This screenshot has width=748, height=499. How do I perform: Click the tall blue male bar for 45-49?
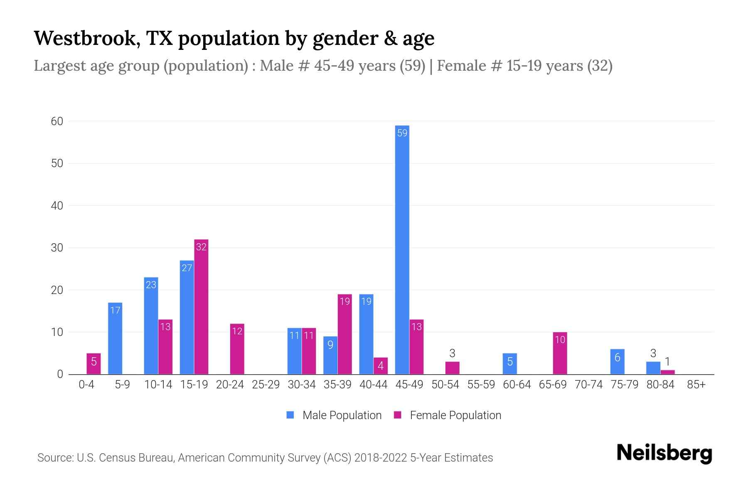coord(402,249)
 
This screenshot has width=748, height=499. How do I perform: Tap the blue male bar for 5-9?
coord(115,338)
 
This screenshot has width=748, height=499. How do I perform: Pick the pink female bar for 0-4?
coord(93,363)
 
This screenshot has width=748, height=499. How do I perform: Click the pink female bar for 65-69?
coord(560,353)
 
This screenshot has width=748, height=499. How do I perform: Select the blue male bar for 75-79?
coord(617,361)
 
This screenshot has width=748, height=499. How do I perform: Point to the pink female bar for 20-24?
coord(237,349)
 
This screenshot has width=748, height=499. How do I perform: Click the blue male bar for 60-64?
coord(509,363)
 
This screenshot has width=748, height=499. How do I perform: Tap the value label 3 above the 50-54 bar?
coord(452,353)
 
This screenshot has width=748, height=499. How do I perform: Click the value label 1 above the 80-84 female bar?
coord(667,362)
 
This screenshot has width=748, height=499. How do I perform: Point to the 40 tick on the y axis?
coord(57,205)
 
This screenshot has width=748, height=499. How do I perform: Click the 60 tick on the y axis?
coord(57,121)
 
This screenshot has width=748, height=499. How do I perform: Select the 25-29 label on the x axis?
coord(266,385)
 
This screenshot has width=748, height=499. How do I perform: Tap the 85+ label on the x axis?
coord(696,385)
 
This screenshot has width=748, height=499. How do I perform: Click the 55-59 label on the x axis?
coord(481,385)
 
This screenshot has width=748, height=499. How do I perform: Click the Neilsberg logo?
coord(664,453)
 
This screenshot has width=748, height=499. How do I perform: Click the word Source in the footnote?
coord(54,458)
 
